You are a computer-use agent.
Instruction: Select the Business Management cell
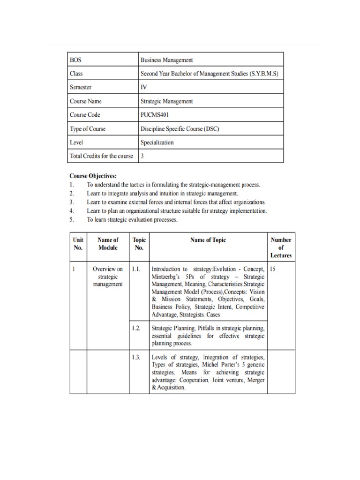(166, 60)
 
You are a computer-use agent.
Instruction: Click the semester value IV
(144, 87)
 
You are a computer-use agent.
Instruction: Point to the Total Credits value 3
(142, 156)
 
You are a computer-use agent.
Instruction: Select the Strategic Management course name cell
(166, 101)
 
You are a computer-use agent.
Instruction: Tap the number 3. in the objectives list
(72, 202)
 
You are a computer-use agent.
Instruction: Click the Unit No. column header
(78, 244)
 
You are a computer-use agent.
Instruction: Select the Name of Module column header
(107, 244)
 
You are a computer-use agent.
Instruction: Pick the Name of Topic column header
(208, 240)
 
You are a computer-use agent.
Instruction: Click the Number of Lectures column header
(281, 247)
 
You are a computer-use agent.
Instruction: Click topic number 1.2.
(136, 328)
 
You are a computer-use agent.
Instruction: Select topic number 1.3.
(136, 358)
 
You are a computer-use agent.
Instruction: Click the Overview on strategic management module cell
(107, 277)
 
